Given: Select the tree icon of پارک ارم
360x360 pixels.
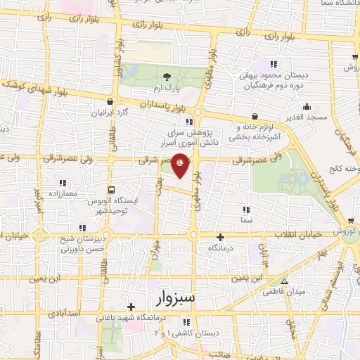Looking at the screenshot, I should tap(166, 78).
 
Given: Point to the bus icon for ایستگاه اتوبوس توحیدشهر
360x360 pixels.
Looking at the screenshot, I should tap(111, 190).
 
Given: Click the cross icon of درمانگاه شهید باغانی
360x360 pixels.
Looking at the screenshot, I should tap(131, 307).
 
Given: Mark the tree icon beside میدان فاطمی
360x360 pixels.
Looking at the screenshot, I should tap(285, 290).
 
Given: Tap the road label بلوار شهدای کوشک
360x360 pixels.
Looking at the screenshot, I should tap(28, 85).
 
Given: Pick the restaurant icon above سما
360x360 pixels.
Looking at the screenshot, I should tap(245, 210).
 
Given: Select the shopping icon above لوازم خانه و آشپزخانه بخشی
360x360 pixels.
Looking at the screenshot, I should tap(254, 116).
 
